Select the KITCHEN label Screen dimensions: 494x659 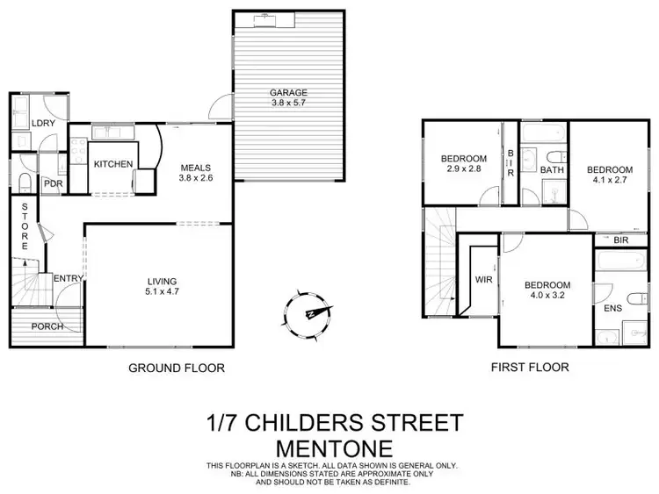[x=113, y=164]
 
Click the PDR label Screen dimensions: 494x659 [x=52, y=183]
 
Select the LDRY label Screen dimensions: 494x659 [x=43, y=124]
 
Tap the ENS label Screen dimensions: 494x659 [x=612, y=310]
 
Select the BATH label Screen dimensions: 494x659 [x=552, y=169]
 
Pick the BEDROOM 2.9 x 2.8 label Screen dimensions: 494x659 [x=463, y=164]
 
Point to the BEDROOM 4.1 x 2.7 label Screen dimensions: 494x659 [x=610, y=175]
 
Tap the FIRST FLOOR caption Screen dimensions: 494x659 [x=530, y=368]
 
